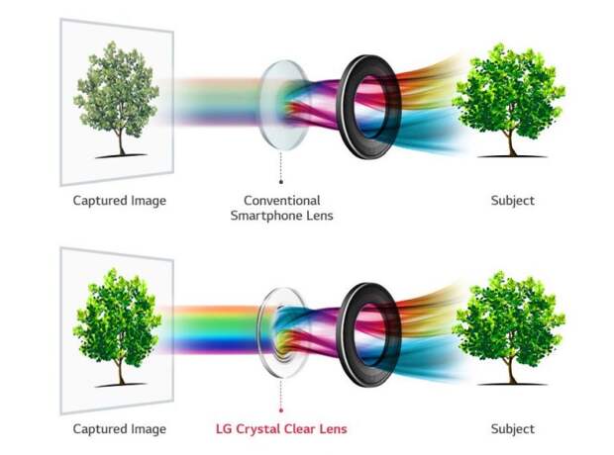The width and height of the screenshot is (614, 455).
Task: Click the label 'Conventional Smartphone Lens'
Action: click(x=281, y=208)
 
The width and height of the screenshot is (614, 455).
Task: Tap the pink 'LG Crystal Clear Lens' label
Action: click(x=281, y=429)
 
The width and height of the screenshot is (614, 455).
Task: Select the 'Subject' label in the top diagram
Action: click(x=513, y=201)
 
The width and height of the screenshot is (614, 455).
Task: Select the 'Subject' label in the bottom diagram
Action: click(x=513, y=428)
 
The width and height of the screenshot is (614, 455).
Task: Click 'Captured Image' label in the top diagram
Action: click(x=120, y=201)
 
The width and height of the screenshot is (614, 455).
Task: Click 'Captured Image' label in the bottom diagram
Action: click(x=120, y=429)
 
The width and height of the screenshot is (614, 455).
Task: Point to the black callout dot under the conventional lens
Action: click(x=281, y=182)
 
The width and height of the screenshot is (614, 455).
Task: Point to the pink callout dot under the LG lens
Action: click(x=281, y=410)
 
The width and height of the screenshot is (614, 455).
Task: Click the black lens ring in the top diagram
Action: click(x=345, y=106)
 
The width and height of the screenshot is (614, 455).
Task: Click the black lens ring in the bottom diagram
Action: click(x=345, y=334)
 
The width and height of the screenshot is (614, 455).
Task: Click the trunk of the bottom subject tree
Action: click(x=511, y=371)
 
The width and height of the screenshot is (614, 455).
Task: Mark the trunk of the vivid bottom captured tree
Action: click(x=121, y=372)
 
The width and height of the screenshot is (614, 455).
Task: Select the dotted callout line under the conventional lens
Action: click(x=281, y=165)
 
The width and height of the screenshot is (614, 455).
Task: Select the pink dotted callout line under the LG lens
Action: click(x=281, y=394)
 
